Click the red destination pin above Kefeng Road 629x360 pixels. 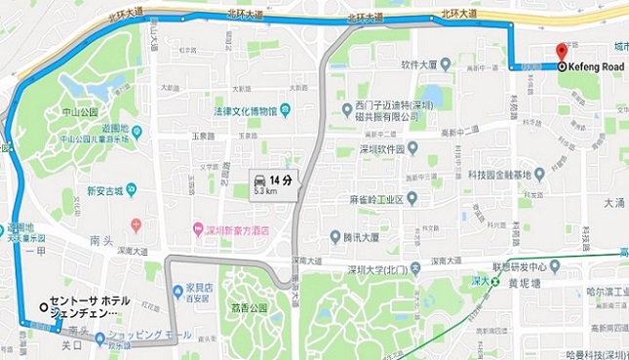pyautogui.click(x=560, y=53)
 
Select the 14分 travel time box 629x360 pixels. pyautogui.click(x=272, y=183)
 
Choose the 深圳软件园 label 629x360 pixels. pyautogui.click(x=384, y=149)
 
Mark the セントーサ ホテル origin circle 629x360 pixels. pyautogui.click(x=44, y=304)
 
